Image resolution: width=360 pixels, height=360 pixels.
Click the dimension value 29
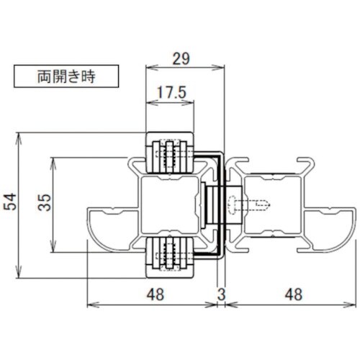pos(183,57)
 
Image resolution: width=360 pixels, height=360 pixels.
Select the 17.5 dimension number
pos(171,93)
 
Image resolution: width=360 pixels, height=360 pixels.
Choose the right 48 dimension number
pos(291,294)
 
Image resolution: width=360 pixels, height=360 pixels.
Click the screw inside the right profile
pos(252,206)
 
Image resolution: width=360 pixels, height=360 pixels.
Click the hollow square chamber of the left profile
pos(169,204)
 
